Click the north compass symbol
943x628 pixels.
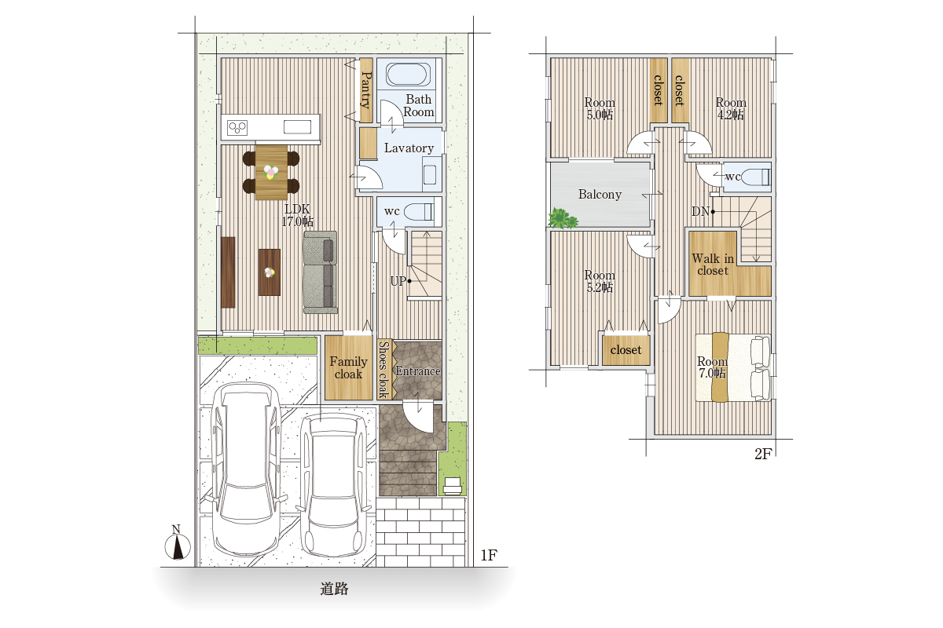pos(178,543)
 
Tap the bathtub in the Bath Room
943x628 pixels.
pos(408,74)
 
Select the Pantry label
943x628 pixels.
pos(366,90)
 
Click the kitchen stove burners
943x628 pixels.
pos(237,127)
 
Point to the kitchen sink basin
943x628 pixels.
pos(297,126)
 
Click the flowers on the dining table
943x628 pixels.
pos(270,172)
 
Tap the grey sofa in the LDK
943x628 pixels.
pos(321,272)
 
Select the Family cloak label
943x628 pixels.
pos(348,367)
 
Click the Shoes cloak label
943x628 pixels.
pos(383,369)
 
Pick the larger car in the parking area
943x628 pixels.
pos(246,468)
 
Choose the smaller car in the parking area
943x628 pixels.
pos(332,484)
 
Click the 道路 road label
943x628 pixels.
pos(334,589)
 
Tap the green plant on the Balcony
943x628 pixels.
pos(563,219)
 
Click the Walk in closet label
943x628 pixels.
pos(713,265)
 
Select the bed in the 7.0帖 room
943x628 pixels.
pos(733,367)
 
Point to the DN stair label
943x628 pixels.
pos(700,212)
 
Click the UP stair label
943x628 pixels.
pos(398,281)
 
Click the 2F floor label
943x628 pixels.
pos(763,454)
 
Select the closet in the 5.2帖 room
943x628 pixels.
pos(626,349)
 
